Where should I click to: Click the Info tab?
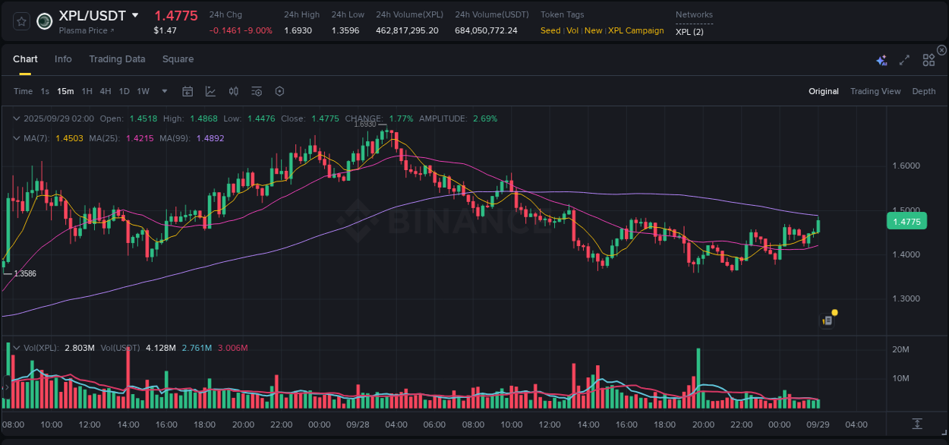[63, 59]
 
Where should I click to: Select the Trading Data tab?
[117, 59]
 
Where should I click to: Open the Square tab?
[178, 59]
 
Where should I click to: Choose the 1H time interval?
[87, 91]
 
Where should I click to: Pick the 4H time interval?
[106, 91]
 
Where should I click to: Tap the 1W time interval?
[143, 91]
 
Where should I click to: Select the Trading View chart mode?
[875, 91]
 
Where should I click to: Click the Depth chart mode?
[923, 91]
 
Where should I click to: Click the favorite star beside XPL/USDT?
[21, 21]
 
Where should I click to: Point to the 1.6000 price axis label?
[905, 166]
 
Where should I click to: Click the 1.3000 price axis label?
[905, 298]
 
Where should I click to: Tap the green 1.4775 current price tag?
[906, 222]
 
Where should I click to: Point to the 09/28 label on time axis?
[357, 424]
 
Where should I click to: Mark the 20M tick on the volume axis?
[901, 349]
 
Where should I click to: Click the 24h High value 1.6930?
[298, 30]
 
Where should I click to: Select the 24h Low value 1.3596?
[345, 30]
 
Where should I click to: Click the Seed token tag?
[550, 30]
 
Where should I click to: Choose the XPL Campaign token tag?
[635, 30]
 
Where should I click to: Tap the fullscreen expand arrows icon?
[904, 60]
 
